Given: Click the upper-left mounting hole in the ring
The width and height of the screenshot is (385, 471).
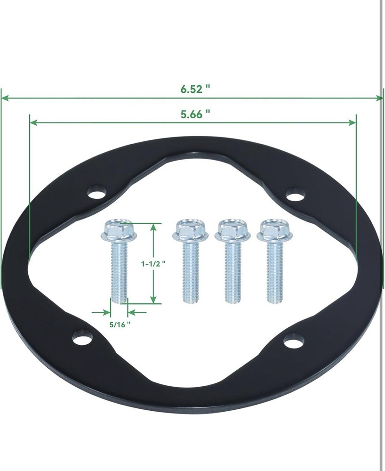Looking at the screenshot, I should [97, 193].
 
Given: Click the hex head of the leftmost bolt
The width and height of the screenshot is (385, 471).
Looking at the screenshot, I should [119, 229].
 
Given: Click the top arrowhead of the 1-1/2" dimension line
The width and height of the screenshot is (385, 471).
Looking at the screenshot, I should [153, 227].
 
